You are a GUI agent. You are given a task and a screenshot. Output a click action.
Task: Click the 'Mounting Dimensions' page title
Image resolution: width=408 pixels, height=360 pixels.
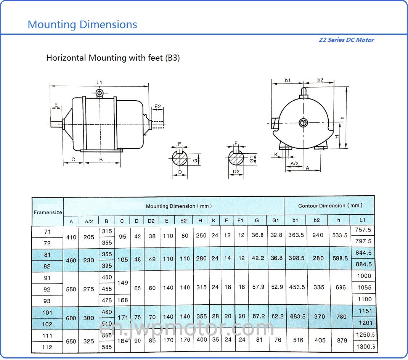click(82, 25)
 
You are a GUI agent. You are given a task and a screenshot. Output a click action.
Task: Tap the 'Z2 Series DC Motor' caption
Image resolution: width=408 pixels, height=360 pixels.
click(346, 40)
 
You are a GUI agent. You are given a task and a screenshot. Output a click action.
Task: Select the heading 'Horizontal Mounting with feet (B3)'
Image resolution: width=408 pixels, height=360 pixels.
click(113, 58)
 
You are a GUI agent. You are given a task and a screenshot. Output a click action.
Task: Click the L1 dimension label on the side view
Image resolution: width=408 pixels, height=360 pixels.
click(99, 82)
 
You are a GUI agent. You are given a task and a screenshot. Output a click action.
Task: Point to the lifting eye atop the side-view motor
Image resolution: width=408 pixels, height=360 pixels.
click(100, 93)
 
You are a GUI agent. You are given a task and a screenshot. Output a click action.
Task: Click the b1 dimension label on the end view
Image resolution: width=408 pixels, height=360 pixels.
click(288, 80)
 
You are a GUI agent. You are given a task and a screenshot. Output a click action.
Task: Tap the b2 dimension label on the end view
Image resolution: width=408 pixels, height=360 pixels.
click(320, 80)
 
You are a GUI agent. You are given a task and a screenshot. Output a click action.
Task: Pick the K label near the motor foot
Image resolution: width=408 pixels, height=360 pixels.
click(276, 154)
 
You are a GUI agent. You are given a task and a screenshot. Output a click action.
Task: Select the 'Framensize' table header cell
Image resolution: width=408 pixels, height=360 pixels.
click(48, 212)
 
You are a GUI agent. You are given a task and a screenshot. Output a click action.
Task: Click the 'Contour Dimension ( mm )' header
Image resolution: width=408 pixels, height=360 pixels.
click(330, 206)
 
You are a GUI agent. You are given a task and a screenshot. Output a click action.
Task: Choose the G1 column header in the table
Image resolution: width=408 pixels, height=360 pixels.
click(276, 220)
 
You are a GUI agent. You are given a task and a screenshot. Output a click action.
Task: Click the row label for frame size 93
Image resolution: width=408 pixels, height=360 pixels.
click(47, 301)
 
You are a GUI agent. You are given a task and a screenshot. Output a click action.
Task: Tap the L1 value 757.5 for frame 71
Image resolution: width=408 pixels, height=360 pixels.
click(363, 230)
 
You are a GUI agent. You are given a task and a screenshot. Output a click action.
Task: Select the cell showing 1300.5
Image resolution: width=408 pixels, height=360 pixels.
click(365, 347)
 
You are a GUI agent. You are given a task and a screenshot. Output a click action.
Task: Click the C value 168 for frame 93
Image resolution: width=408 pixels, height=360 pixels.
click(122, 300)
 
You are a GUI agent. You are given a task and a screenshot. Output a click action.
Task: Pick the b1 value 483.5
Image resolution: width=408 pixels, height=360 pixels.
click(297, 317)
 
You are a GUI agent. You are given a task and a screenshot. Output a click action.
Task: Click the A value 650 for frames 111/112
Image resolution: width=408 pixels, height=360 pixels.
click(71, 341)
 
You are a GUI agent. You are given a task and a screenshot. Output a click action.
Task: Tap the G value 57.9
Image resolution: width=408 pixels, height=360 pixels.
click(259, 287)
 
